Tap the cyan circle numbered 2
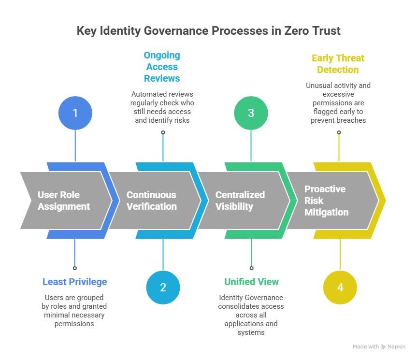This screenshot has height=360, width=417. click(163, 288)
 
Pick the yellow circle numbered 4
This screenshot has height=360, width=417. click(340, 288)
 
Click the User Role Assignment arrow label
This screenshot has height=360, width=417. click(64, 201)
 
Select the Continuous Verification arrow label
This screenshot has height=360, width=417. click(151, 201)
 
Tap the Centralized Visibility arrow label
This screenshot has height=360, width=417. click(240, 201)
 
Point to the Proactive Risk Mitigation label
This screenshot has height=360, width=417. click(326, 201)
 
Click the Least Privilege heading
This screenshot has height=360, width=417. click(75, 282)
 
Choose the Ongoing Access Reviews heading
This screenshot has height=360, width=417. click(162, 67)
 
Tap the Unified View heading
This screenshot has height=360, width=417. click(251, 282)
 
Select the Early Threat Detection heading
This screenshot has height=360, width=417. click(338, 64)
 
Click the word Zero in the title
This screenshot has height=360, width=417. click(281, 31)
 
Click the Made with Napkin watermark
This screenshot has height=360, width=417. click(379, 347)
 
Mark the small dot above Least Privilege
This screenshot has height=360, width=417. click(75, 267)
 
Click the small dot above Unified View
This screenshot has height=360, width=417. click(251, 267)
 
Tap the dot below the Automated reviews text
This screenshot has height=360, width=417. click(163, 132)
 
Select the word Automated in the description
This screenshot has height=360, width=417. click(147, 94)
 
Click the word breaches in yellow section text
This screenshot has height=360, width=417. click(352, 120)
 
